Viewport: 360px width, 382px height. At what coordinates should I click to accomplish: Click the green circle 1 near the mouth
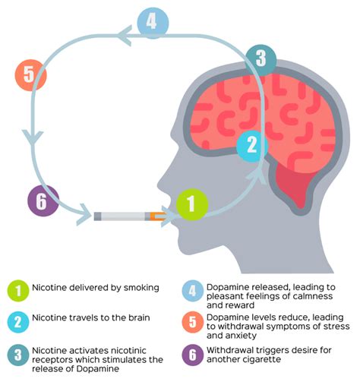(192, 204)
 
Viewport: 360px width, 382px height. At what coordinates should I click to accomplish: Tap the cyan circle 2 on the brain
(252, 147)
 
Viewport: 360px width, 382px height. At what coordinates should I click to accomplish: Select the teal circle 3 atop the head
(261, 60)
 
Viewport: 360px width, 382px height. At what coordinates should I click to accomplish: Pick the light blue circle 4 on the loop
(153, 23)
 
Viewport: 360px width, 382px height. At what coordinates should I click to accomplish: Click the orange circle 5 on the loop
(31, 75)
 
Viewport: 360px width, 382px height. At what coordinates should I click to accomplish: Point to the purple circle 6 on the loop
(43, 200)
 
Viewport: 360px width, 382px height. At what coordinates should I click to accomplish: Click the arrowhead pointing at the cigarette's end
(84, 215)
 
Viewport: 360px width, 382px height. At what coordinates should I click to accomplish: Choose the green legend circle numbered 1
(18, 291)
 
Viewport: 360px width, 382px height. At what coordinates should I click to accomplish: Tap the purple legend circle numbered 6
(193, 355)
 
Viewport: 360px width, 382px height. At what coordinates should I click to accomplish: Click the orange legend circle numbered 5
(193, 322)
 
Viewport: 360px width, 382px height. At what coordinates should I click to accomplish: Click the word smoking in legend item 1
(141, 288)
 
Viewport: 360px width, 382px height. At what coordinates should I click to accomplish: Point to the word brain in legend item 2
(139, 317)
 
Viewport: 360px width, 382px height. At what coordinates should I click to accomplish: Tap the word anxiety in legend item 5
(242, 336)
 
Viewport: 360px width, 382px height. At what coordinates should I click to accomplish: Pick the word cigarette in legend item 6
(259, 360)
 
